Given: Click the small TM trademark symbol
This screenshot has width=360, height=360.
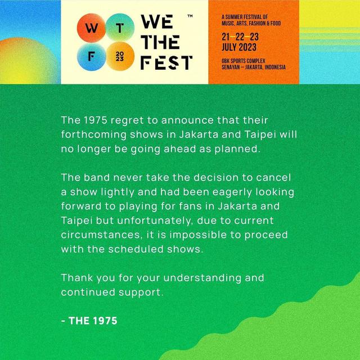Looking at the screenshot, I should pos(189,17).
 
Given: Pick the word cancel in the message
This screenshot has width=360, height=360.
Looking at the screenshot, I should pos(277,178).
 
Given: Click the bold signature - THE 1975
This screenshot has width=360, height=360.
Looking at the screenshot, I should pos(90,321).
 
